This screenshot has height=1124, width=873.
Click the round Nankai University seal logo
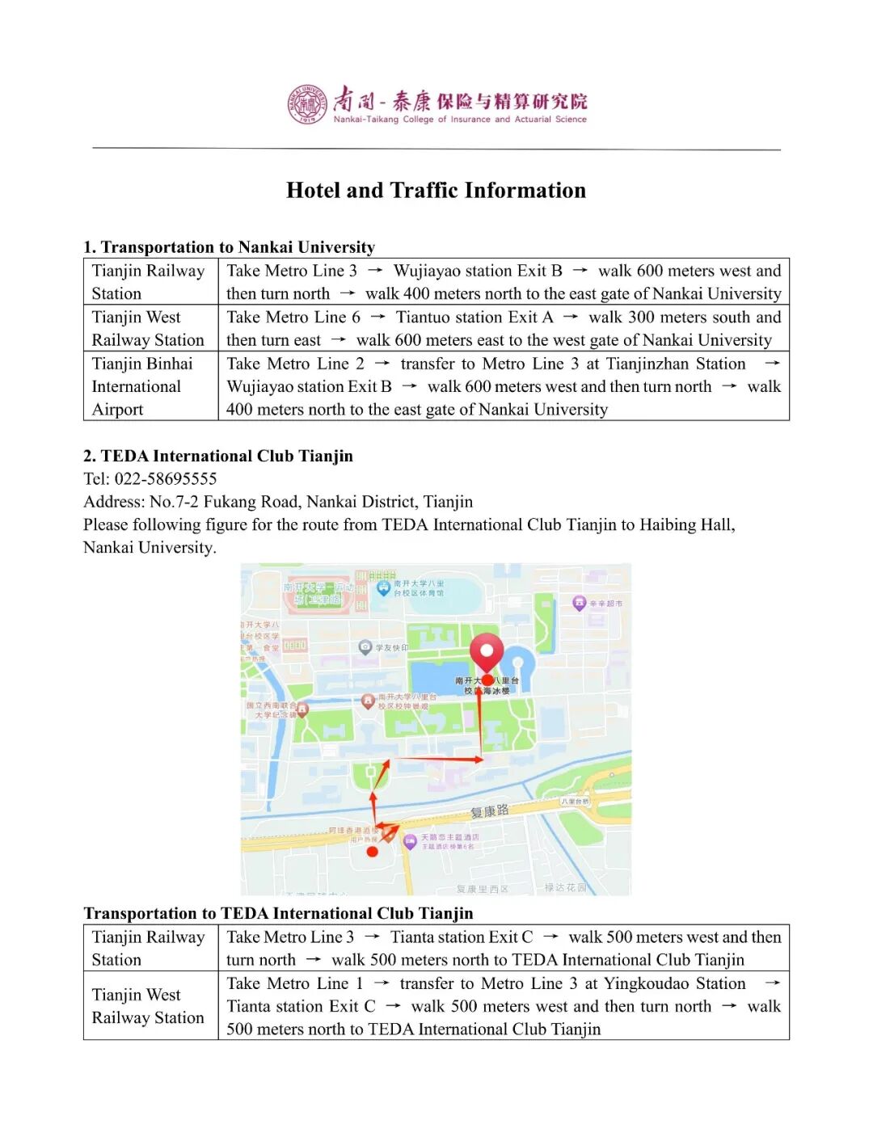[307, 104]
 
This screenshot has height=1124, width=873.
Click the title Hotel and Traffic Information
[436, 191]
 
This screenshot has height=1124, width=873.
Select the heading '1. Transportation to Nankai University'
[230, 247]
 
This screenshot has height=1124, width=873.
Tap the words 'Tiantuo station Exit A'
[474, 318]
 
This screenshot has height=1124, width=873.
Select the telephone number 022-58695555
[166, 478]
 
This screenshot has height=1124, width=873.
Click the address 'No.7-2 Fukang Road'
[224, 502]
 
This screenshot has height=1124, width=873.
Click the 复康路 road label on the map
[490, 810]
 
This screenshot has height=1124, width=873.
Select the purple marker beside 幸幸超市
[579, 603]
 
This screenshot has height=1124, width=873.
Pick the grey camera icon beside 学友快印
[365, 646]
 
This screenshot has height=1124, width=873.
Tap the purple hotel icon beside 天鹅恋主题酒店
[410, 841]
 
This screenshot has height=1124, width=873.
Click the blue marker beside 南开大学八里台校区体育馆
[383, 587]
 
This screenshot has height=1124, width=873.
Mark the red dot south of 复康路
[372, 852]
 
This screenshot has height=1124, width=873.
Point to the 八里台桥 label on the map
[575, 801]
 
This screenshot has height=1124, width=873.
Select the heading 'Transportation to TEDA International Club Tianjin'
[278, 913]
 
